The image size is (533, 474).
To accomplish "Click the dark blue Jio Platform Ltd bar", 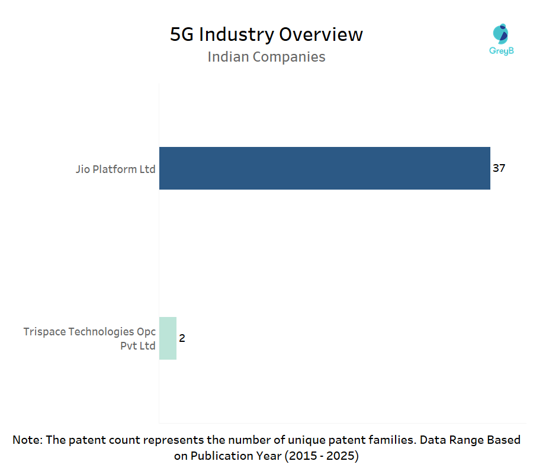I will click(x=325, y=168).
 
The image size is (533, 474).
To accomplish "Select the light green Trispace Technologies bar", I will click(x=168, y=338).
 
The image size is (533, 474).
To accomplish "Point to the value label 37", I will click(x=499, y=168).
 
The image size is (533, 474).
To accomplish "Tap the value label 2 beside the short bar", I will click(x=182, y=338).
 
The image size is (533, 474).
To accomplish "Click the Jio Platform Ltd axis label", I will click(x=115, y=169).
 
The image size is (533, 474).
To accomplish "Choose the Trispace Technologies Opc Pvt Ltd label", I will click(x=89, y=338).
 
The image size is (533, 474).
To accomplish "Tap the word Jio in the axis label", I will click(x=82, y=169).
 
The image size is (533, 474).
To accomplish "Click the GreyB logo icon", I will click(x=500, y=34).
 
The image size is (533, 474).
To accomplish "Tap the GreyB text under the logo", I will click(x=501, y=51).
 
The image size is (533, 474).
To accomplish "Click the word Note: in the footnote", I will click(x=28, y=440).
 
